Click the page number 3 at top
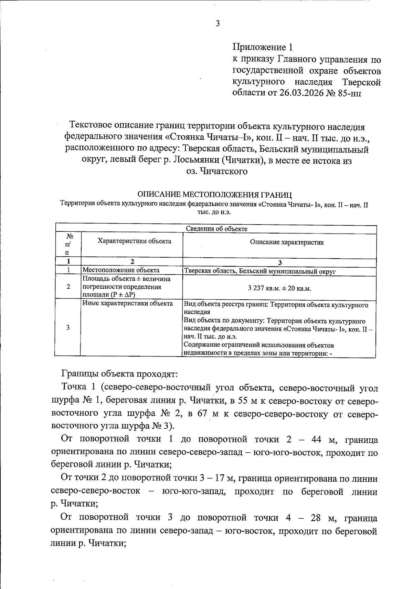[217, 24]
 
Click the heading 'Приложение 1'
[264, 47]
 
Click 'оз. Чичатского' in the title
[217, 171]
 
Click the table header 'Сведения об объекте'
[216, 229]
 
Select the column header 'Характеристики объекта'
[135, 241]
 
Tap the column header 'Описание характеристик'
[287, 242]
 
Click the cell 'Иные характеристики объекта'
[127, 303]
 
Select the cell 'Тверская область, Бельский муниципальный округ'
[260, 271]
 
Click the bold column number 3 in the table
[279, 263]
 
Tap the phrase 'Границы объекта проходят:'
[119, 374]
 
